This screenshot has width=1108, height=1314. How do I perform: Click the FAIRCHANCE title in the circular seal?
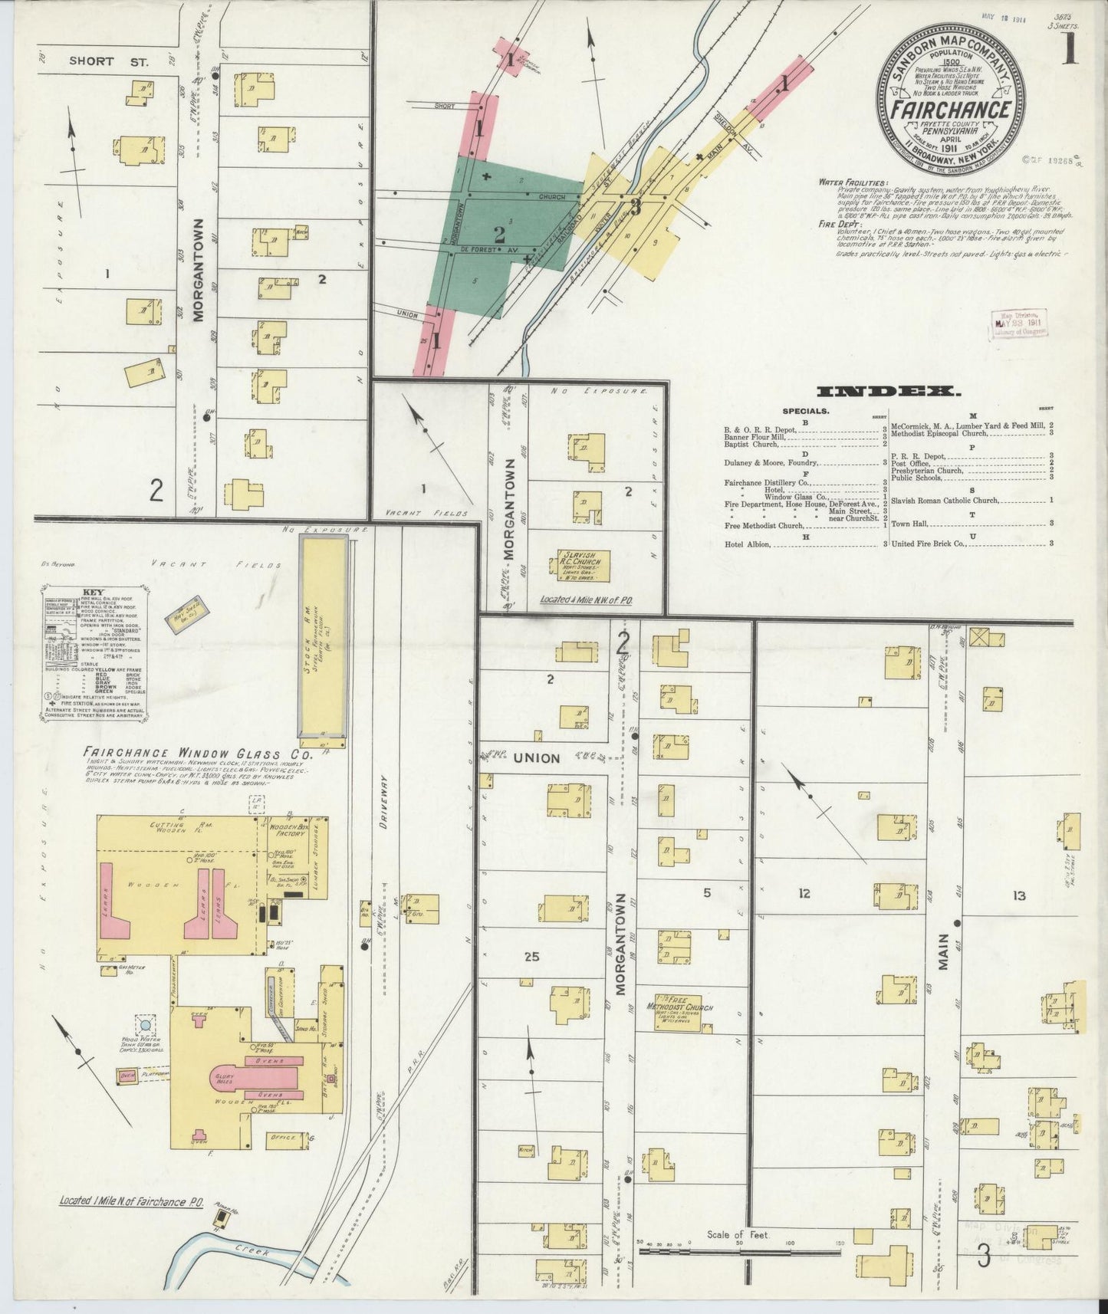[x=951, y=109]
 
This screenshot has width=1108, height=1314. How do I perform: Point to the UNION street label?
[x=536, y=757]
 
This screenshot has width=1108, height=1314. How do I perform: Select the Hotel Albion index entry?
[x=748, y=544]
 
